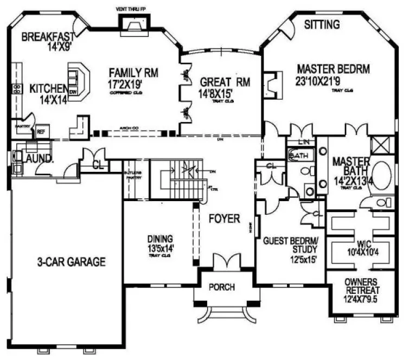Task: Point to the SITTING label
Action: coord(321,24)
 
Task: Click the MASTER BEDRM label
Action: coord(334,69)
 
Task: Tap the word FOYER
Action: coord(224,219)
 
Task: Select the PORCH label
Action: coord(222,287)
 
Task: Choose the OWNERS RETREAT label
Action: coord(362,286)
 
